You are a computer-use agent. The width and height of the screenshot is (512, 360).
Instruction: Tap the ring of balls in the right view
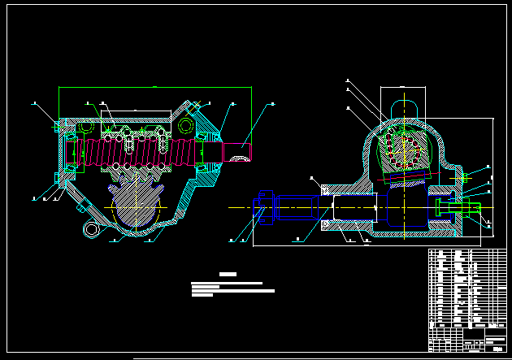[403, 146]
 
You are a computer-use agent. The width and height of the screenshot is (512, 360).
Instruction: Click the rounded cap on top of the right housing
[404, 106]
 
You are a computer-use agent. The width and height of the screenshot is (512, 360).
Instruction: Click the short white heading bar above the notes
[228, 275]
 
